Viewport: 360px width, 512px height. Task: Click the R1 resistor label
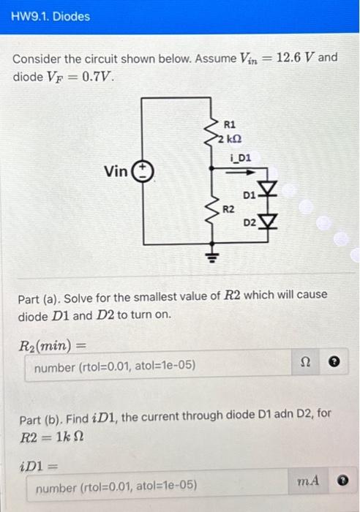pyautogui.click(x=229, y=124)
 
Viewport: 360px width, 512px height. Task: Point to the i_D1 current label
pyautogui.click(x=239, y=157)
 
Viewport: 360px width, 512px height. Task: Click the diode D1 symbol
pyautogui.click(x=269, y=192)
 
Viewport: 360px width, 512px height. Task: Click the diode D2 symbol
pyautogui.click(x=269, y=221)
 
